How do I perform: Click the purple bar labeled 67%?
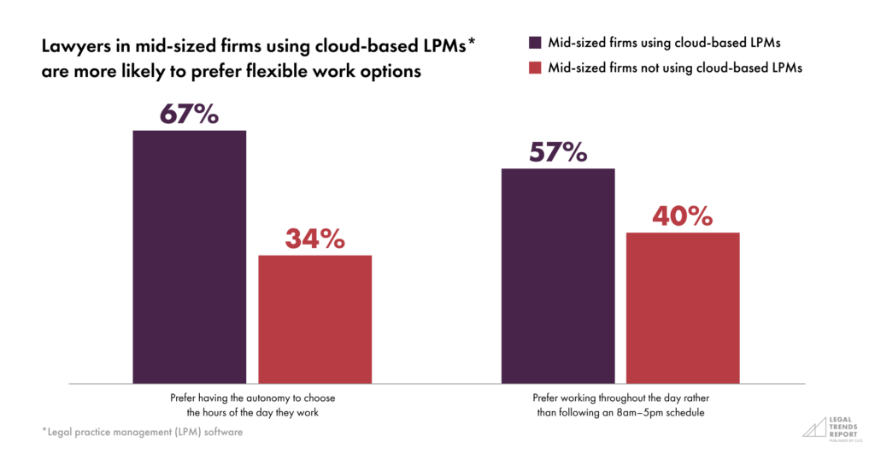point(189,256)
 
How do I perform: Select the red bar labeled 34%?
point(315,318)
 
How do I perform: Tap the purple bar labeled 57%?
point(558,275)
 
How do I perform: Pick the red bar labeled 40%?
point(683,307)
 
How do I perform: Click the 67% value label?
point(189,115)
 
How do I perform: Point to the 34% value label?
point(315,239)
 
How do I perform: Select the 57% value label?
point(558,152)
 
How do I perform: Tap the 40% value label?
point(683,216)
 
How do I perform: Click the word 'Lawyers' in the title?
point(78,47)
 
